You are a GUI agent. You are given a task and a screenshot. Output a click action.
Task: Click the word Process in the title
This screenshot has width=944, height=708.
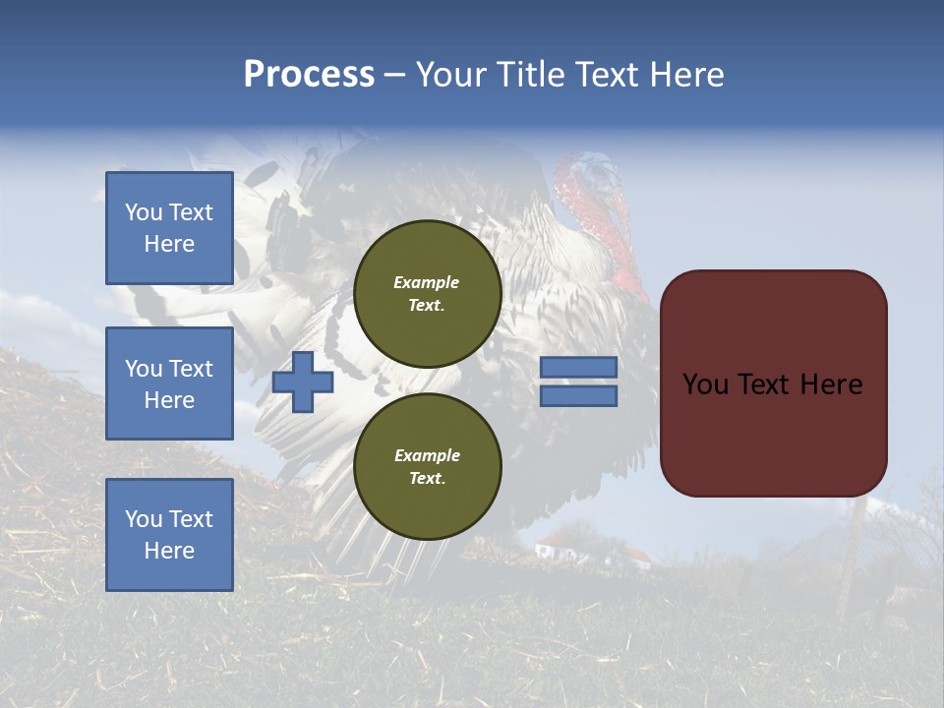309,75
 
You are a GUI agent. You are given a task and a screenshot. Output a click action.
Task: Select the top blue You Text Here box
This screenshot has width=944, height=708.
169,228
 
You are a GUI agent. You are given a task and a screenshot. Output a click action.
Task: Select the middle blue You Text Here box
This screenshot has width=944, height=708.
169,383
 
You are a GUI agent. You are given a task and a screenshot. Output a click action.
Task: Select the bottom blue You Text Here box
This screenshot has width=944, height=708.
169,534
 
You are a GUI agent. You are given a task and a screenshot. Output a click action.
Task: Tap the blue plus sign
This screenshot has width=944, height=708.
303,382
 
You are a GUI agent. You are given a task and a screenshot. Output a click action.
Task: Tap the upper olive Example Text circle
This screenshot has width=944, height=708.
427,294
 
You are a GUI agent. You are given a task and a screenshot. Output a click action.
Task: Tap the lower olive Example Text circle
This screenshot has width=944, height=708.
427,467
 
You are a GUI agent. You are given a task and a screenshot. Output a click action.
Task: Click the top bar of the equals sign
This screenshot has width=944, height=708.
578,367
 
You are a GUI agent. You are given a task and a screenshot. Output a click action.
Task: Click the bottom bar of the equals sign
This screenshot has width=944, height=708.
578,396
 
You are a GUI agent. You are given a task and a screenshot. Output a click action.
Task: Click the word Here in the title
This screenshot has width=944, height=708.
687,75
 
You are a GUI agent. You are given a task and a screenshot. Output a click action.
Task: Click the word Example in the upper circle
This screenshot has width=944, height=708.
426,282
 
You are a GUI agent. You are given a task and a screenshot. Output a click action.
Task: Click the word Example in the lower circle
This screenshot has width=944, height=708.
427,455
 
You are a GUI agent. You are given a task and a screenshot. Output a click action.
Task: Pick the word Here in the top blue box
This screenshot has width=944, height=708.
169,244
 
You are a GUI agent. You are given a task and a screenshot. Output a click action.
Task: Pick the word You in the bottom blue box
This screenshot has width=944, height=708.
144,518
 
